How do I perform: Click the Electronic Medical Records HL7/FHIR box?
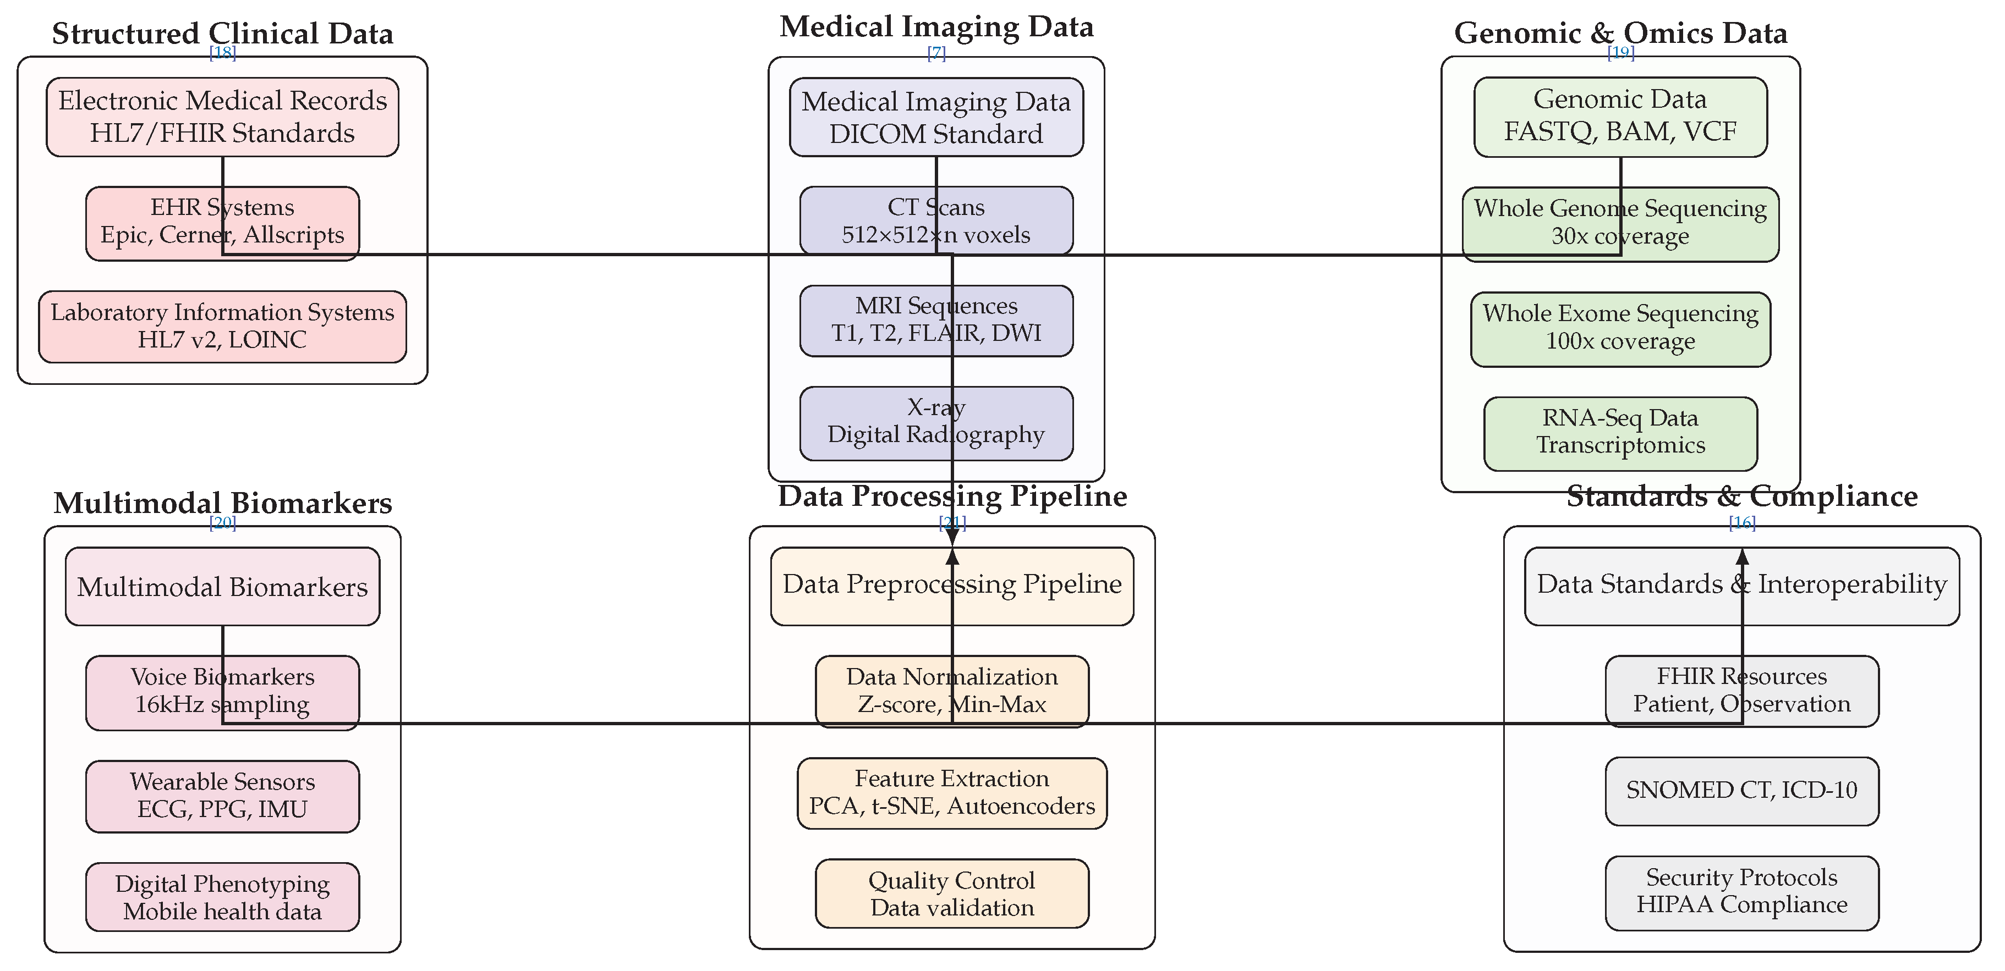(x=223, y=117)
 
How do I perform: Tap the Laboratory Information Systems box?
(x=223, y=326)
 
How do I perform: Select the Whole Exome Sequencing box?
(x=1620, y=328)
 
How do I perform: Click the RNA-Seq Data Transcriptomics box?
(x=1620, y=433)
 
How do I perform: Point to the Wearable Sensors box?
(x=223, y=795)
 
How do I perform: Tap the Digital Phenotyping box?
(x=223, y=897)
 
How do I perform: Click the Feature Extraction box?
(x=951, y=792)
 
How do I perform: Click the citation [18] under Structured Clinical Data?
(x=223, y=52)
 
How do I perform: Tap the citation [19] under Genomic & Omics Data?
(x=1620, y=52)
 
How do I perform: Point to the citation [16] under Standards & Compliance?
(x=1742, y=522)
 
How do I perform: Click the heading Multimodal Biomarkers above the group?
(x=223, y=503)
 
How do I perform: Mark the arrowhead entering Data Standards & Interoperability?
(x=1742, y=555)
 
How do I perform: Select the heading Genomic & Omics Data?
(x=1620, y=32)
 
